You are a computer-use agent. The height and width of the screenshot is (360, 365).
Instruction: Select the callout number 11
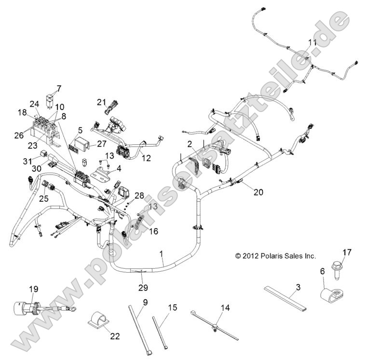coord(312,43)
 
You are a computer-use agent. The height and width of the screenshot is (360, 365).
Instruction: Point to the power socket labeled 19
coord(24,307)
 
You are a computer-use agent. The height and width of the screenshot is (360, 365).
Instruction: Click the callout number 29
coord(141,288)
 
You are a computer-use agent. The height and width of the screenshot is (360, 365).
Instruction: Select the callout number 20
coord(245,192)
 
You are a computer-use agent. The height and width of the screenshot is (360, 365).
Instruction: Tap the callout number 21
coord(101,102)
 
